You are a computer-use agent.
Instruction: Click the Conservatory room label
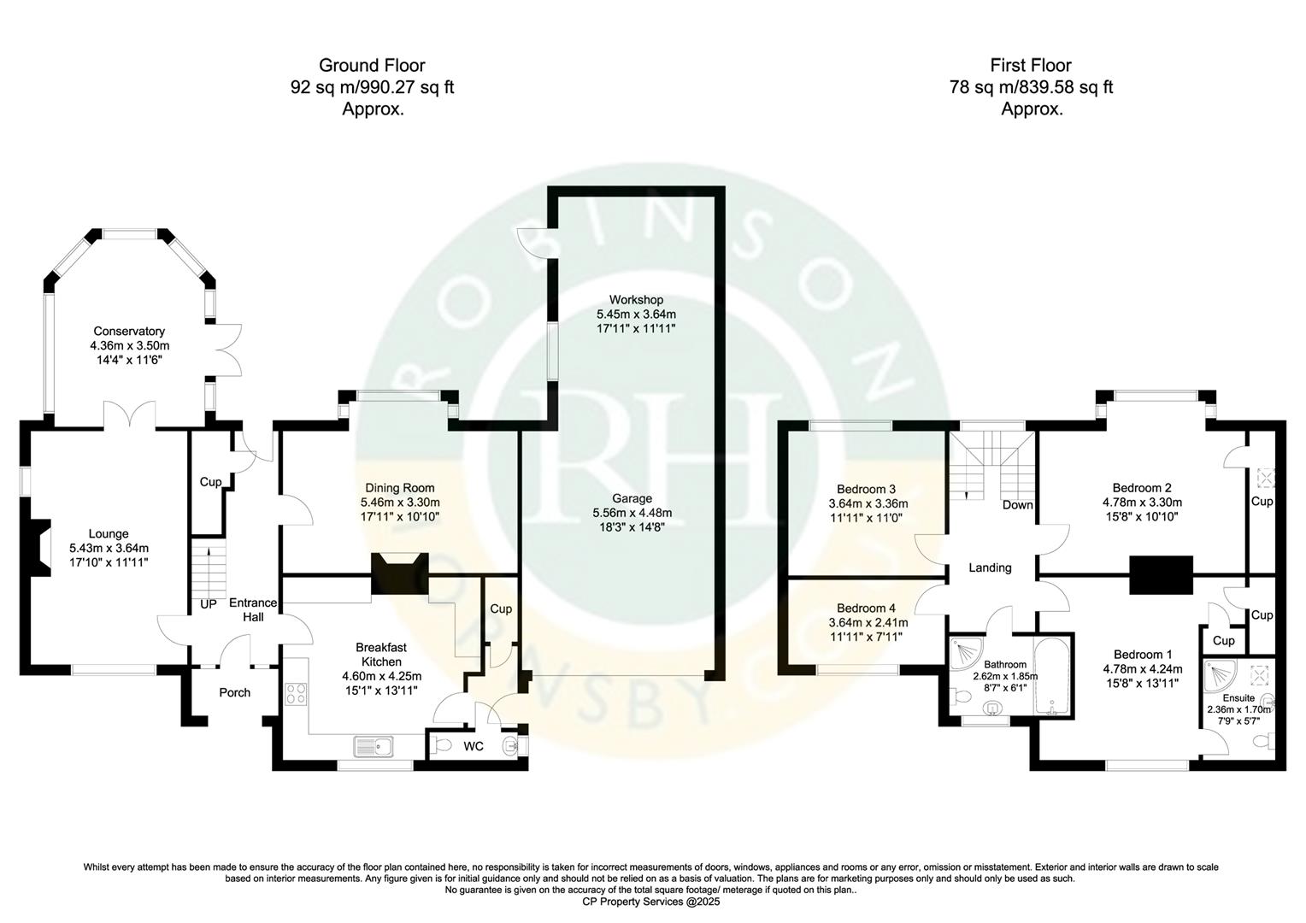[x=129, y=332]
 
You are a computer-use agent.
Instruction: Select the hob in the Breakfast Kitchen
[x=296, y=694]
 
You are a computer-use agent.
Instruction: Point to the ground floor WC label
[x=474, y=747]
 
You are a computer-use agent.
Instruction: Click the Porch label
[x=234, y=692]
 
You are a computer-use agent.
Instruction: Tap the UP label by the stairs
[x=208, y=604]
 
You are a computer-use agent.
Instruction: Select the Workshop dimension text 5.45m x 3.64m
[x=636, y=314]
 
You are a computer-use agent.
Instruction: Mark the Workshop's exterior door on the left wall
[x=536, y=243]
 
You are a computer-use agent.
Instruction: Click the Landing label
[x=990, y=567]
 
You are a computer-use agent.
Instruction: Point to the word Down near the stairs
[x=1017, y=505]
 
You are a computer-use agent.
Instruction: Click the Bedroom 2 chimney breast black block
[x=1161, y=574]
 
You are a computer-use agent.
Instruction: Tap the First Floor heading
[x=1030, y=65]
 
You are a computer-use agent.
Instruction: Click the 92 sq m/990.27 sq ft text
[x=372, y=87]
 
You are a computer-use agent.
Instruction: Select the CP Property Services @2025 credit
[x=651, y=902]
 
